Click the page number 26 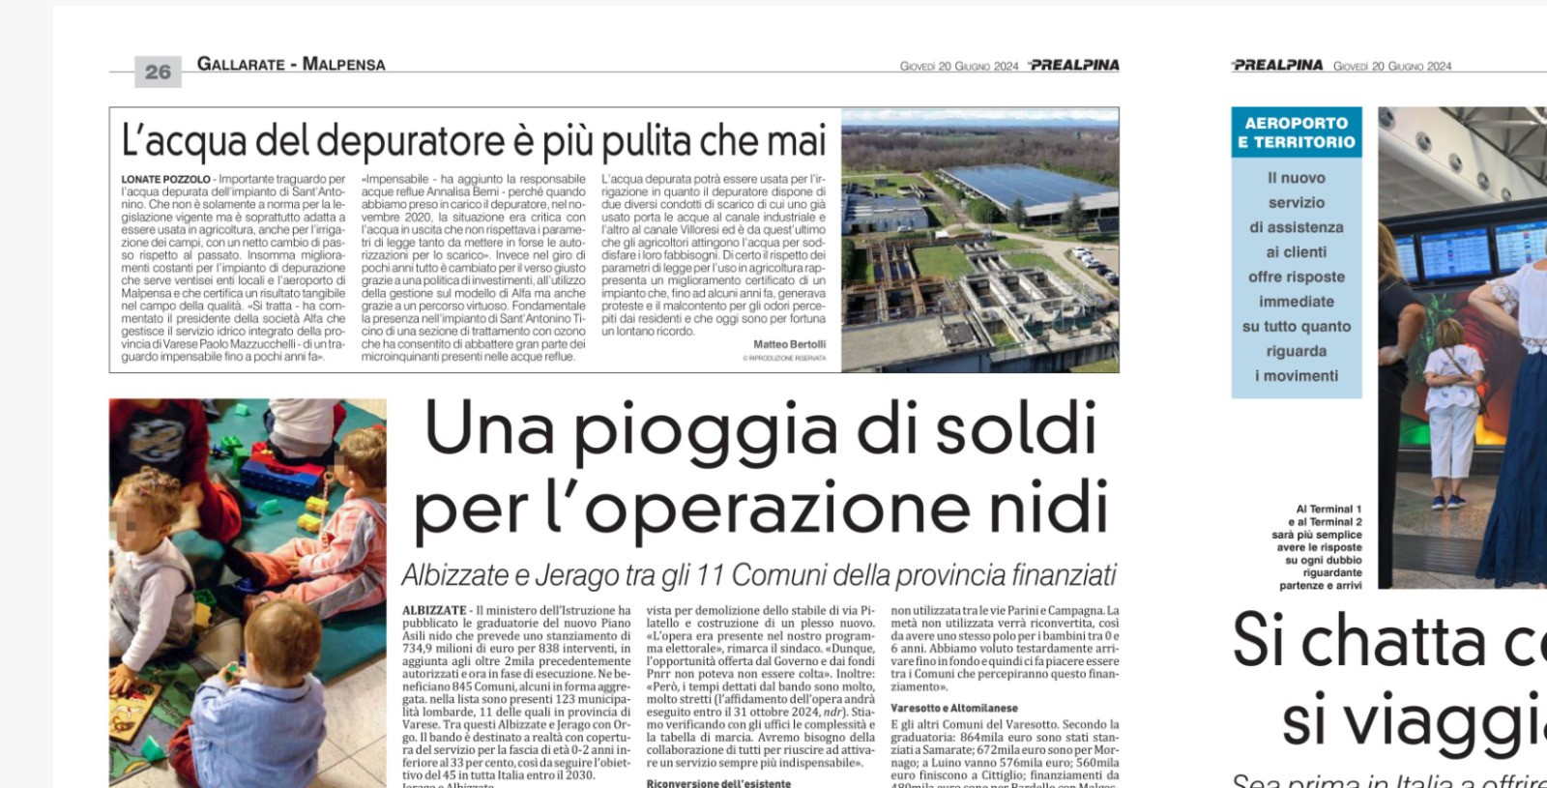pos(158,72)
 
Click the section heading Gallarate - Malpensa pos(291,65)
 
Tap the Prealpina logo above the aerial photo pos(1074,65)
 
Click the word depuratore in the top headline pos(414,140)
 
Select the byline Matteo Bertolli pos(789,344)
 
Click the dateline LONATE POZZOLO pos(165,180)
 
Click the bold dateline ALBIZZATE pos(433,611)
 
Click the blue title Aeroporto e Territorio pos(1296,132)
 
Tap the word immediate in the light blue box pos(1296,302)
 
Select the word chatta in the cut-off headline pos(1390,643)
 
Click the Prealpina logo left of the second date pos(1277,65)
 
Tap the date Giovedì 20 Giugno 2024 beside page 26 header pos(958,66)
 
